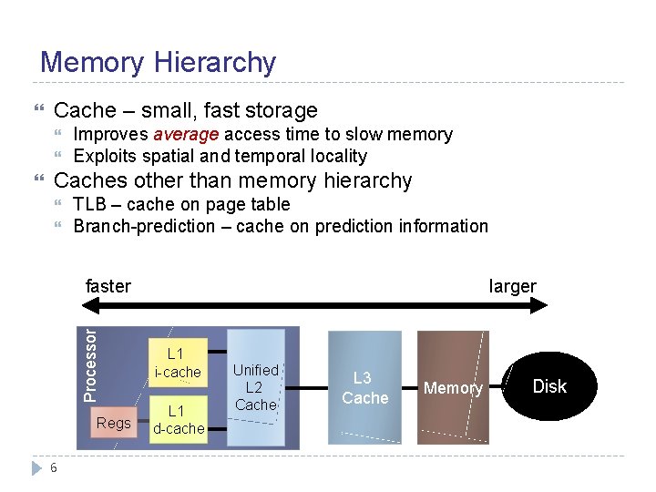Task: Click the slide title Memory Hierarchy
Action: [x=158, y=62]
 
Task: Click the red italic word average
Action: [x=185, y=135]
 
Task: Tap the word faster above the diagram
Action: [x=108, y=286]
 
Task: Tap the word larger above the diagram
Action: [x=512, y=286]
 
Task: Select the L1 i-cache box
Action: [x=177, y=363]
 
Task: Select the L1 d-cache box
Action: [x=178, y=419]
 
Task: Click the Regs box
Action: [x=114, y=423]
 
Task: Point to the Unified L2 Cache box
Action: [x=255, y=387]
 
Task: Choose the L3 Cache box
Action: [x=364, y=387]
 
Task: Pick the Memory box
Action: [x=453, y=388]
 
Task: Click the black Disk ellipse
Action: [x=549, y=386]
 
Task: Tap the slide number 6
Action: [x=55, y=467]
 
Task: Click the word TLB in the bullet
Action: [x=90, y=205]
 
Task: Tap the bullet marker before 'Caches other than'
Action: [x=37, y=181]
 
